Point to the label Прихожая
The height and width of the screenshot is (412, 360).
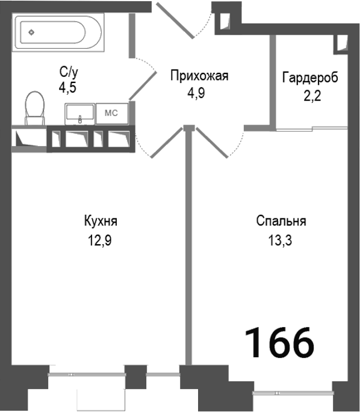coord(200,76)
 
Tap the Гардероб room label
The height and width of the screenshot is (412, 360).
coord(309,78)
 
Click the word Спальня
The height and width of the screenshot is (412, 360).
coord(281,221)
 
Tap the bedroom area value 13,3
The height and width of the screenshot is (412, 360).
coord(281,241)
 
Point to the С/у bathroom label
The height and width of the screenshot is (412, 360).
coord(69,73)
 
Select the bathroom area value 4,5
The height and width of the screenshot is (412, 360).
coord(69,88)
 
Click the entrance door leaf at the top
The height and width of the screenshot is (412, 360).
coord(174,20)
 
